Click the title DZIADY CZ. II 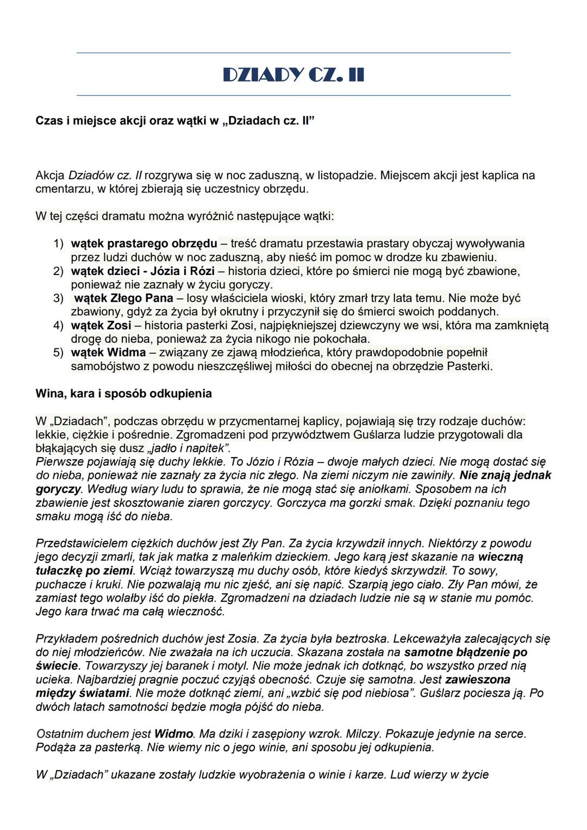(x=293, y=74)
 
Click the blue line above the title (x=293, y=53)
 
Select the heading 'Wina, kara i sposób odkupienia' (x=123, y=393)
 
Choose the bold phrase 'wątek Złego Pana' (x=123, y=298)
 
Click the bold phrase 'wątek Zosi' (x=101, y=326)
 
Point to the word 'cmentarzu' (x=60, y=189)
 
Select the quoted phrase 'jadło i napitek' (x=188, y=448)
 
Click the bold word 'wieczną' (x=501, y=557)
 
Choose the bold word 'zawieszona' (x=477, y=679)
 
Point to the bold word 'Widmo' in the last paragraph (x=173, y=734)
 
